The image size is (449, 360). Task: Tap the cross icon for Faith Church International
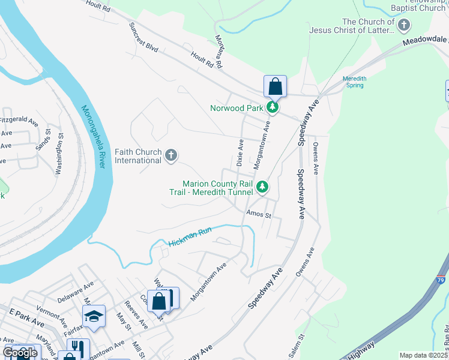pos(171,156)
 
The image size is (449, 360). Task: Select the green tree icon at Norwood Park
pos(273,107)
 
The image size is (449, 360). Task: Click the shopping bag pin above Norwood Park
pos(275,86)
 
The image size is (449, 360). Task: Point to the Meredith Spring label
pos(354,82)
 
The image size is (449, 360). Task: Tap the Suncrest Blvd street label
pos(143,39)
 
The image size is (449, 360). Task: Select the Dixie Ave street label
pos(240,153)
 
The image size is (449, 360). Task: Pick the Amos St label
pos(259,214)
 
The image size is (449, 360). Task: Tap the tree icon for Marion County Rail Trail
pos(262,187)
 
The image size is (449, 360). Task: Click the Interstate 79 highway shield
pos(441,296)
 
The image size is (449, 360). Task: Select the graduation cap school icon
pos(94,316)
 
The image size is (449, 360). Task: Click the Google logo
pos(20,353)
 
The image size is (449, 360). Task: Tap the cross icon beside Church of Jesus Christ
pos(404,25)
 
